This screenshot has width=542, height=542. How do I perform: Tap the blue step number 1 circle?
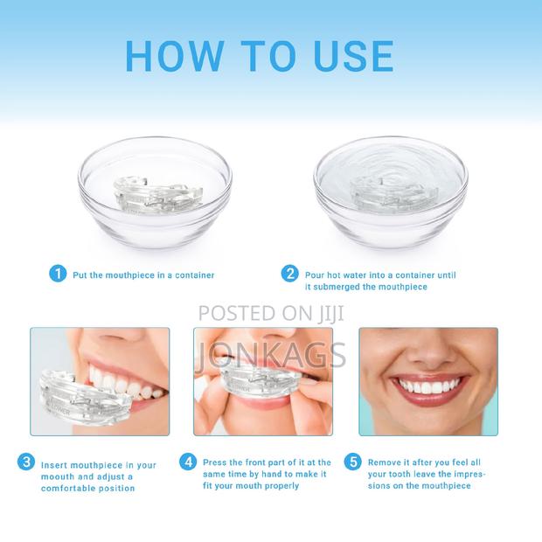coord(57,274)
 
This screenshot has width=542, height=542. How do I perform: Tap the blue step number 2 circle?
coord(289,274)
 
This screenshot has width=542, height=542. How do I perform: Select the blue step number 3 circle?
coord(27,462)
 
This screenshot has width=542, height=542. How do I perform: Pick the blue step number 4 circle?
coord(187,462)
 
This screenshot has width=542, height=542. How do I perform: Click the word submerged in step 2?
coord(334,287)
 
